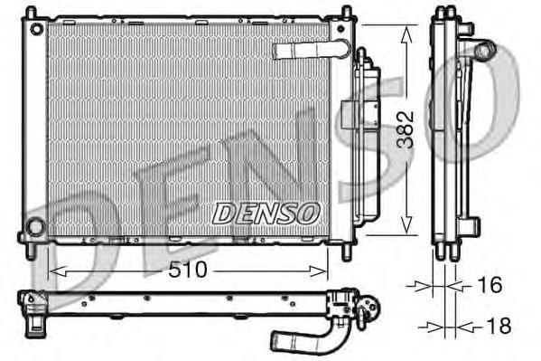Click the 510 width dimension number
coord(188,269)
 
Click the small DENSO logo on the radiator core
coord(266,213)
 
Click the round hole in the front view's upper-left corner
coord(37,29)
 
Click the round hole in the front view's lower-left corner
coord(35,227)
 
